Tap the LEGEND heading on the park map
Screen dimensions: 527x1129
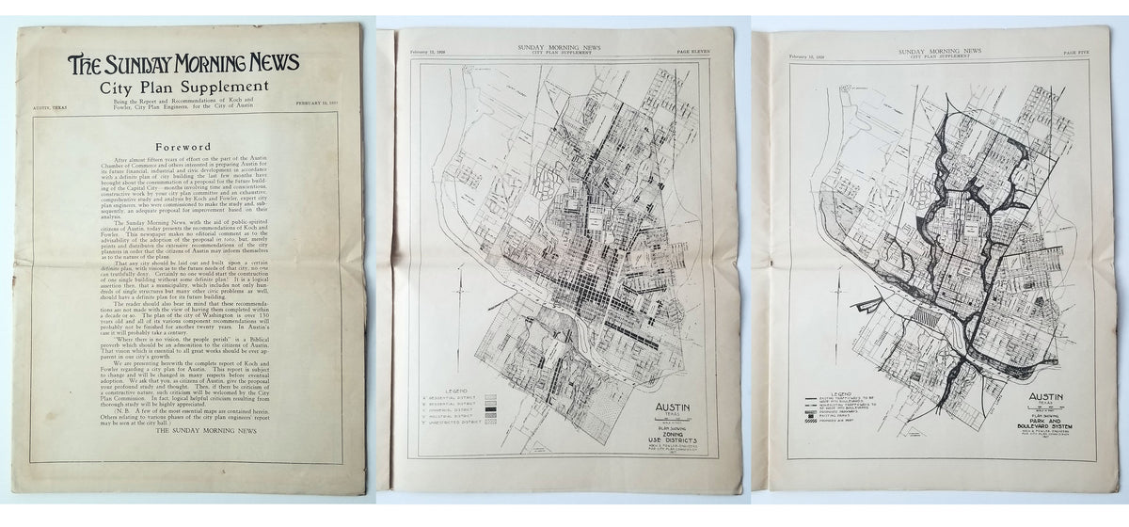tap(840, 389)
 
